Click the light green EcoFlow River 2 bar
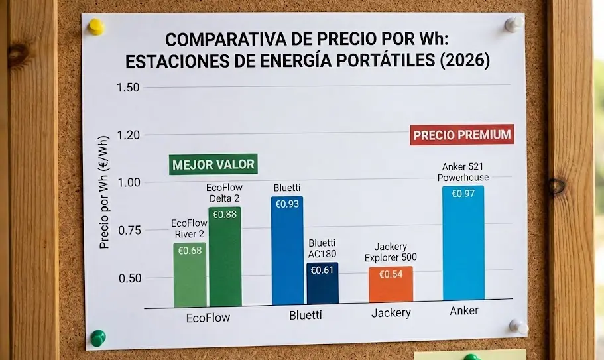190,274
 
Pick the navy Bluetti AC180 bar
322,284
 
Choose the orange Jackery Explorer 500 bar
391,285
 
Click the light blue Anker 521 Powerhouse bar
463,247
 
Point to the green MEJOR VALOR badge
213,164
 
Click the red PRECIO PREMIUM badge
462,135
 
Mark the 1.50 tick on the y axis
128,88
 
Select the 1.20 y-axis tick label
128,135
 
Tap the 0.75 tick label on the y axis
130,230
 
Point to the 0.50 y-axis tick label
130,278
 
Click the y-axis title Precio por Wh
104,200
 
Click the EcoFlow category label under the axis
209,318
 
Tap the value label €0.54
391,274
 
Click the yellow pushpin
97,27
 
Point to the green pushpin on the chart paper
98,337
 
